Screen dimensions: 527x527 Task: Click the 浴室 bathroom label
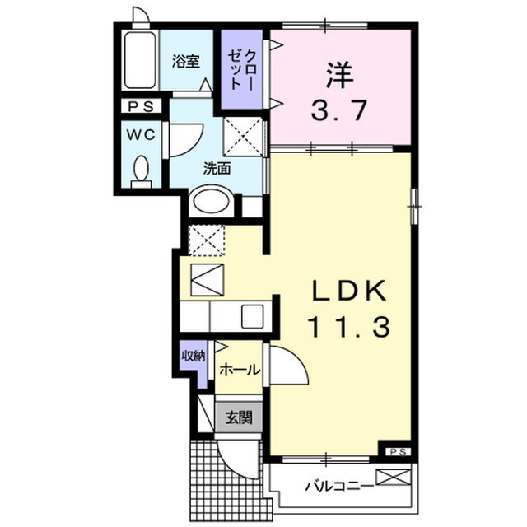tap(186, 61)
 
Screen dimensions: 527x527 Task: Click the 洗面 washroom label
tap(217, 168)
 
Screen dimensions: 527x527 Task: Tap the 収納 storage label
tap(194, 357)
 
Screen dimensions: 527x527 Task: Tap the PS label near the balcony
tap(398, 451)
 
